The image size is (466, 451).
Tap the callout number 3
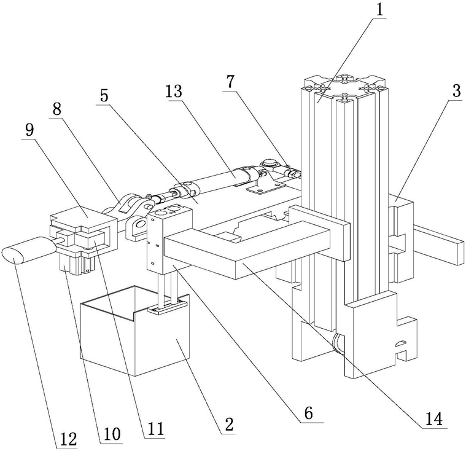point(454,90)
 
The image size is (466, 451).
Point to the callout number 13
point(174,92)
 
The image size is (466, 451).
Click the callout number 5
point(104,96)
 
